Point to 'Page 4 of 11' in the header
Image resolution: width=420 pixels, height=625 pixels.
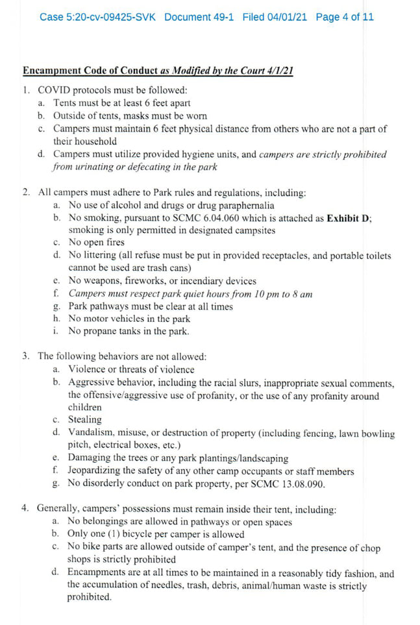point(345,16)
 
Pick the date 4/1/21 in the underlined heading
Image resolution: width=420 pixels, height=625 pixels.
point(278,70)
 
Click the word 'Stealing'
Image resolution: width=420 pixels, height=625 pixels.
point(84,420)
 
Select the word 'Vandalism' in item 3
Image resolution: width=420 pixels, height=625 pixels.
point(90,433)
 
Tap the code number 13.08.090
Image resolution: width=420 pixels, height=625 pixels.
point(286,484)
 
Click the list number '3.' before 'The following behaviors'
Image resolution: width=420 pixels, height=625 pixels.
point(27,356)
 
